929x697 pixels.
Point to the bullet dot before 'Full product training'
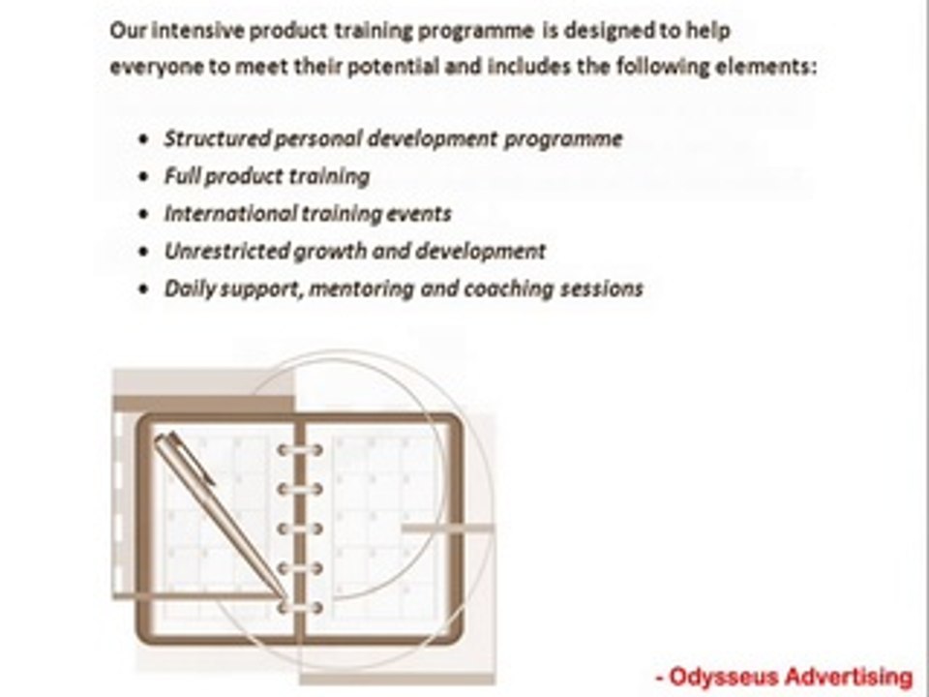tap(143, 176)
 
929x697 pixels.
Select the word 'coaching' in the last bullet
tap(509, 288)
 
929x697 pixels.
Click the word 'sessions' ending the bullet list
tap(601, 288)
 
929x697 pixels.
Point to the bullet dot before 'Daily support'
tap(143, 289)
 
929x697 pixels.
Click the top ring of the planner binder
tap(300, 450)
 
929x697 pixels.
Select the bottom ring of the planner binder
tap(300, 607)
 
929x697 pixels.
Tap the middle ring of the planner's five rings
tap(300, 529)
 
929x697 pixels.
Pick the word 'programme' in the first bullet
tap(563, 139)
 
